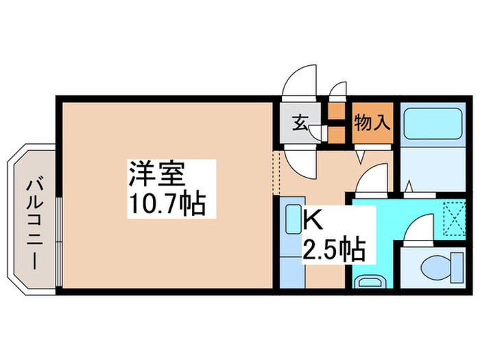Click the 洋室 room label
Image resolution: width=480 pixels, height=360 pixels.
(x=157, y=173)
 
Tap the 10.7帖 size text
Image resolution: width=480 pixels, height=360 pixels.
(x=168, y=203)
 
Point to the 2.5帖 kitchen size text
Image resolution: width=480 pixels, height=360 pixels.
(x=334, y=250)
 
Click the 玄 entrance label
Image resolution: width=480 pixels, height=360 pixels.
(x=300, y=123)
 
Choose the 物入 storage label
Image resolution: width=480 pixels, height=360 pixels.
(x=372, y=123)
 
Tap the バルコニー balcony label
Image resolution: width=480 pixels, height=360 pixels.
(x=34, y=225)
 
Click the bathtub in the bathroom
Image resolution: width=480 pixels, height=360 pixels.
(x=433, y=123)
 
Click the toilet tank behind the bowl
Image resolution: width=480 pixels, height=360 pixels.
(x=457, y=267)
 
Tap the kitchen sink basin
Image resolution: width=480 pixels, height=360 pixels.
(x=293, y=219)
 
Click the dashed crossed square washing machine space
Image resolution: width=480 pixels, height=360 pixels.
(x=455, y=219)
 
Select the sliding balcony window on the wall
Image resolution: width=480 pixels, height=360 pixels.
(x=59, y=241)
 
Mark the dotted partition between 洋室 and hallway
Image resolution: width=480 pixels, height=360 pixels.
(x=276, y=173)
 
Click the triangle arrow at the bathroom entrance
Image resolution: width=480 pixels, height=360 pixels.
(x=409, y=187)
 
